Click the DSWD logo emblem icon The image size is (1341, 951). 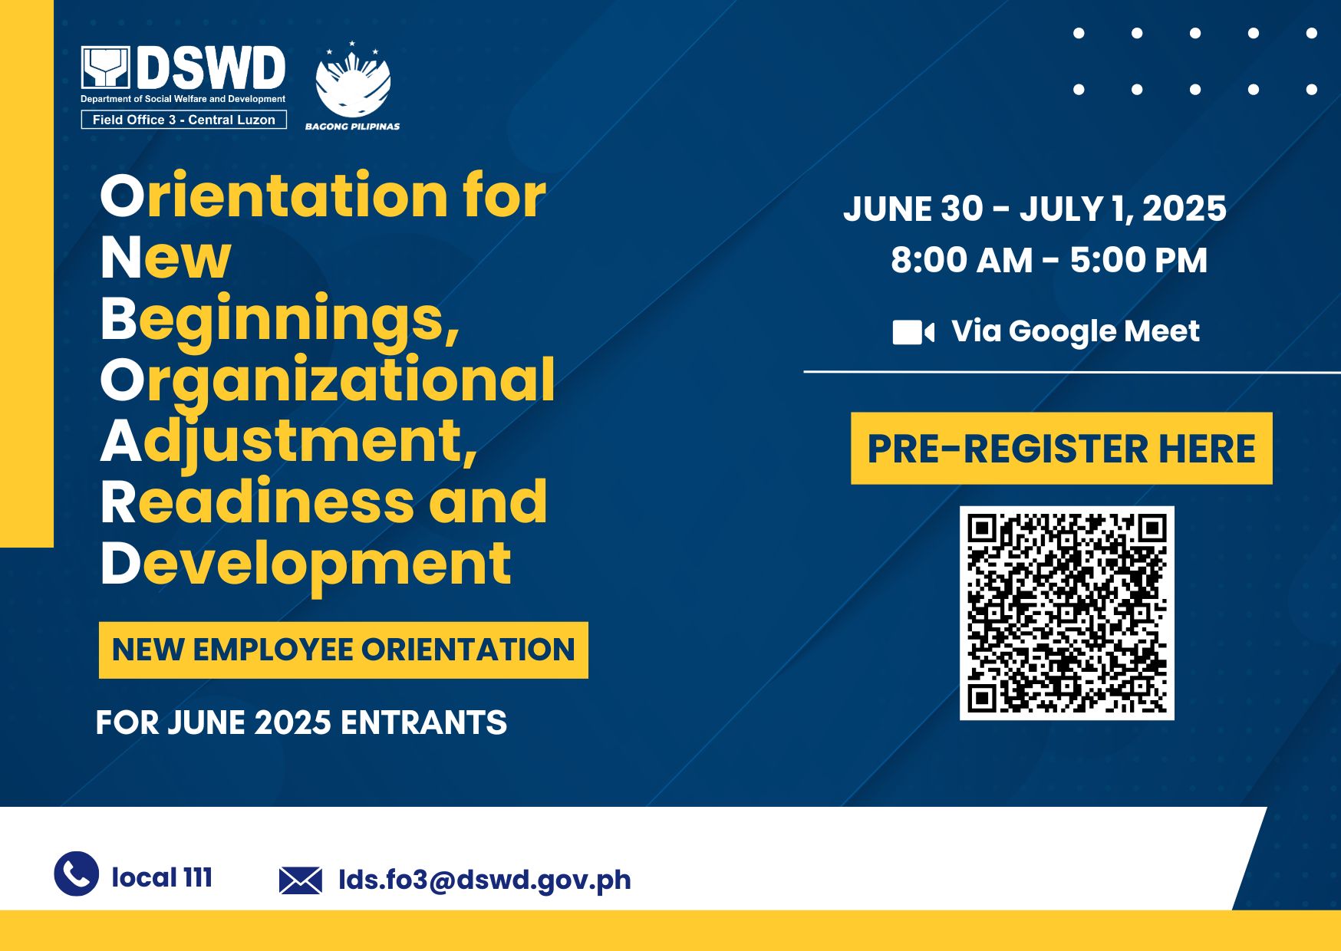(106, 67)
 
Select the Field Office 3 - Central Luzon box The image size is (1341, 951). (184, 120)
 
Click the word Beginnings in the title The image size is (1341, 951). (280, 320)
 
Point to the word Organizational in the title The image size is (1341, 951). (328, 381)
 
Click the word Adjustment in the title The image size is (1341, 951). (289, 443)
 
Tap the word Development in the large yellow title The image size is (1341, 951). (305, 564)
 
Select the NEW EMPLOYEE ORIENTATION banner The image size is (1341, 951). (344, 650)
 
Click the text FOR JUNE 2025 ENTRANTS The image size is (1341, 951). (301, 722)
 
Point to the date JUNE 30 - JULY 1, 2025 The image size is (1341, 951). (1035, 209)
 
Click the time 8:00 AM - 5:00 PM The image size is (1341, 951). (1049, 260)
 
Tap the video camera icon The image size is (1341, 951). (913, 333)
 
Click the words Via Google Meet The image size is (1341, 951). (1076, 331)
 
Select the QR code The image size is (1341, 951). (1067, 613)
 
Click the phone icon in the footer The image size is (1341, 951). (77, 874)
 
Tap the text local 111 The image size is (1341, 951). (162, 877)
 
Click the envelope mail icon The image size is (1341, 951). (301, 880)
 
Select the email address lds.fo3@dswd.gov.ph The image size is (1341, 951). (485, 880)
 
